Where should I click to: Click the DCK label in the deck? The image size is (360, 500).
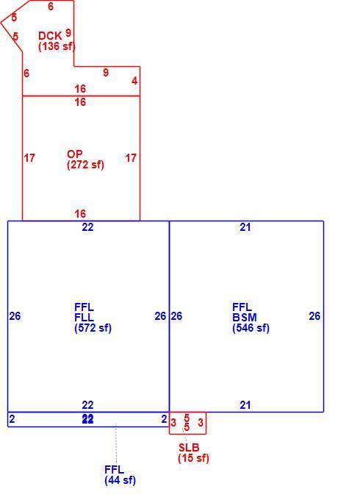click(x=50, y=35)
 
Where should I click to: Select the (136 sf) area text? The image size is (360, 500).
click(x=57, y=46)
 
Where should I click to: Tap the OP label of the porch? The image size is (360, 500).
click(x=74, y=154)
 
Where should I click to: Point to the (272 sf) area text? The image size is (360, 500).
click(x=85, y=165)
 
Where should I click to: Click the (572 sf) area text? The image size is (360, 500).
click(x=93, y=328)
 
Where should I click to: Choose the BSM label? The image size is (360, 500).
click(x=245, y=318)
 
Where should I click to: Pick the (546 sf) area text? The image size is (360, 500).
click(x=251, y=328)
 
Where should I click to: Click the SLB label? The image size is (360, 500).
click(x=189, y=447)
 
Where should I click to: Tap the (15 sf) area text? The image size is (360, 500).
click(x=193, y=458)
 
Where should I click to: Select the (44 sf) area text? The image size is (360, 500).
click(x=120, y=480)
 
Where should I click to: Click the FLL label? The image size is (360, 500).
click(x=84, y=318)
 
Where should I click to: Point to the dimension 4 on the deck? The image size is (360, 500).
click(x=134, y=81)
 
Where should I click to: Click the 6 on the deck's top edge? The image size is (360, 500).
click(x=51, y=6)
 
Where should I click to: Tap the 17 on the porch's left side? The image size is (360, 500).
click(x=29, y=158)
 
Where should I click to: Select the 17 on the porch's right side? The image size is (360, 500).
click(x=131, y=158)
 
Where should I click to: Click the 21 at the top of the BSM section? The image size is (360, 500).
click(x=245, y=227)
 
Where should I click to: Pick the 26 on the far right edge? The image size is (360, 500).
click(x=314, y=315)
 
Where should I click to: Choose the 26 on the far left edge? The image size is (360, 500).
click(x=15, y=315)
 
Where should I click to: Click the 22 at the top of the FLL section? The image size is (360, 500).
click(x=87, y=227)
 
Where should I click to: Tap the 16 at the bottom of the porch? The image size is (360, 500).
click(x=80, y=213)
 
